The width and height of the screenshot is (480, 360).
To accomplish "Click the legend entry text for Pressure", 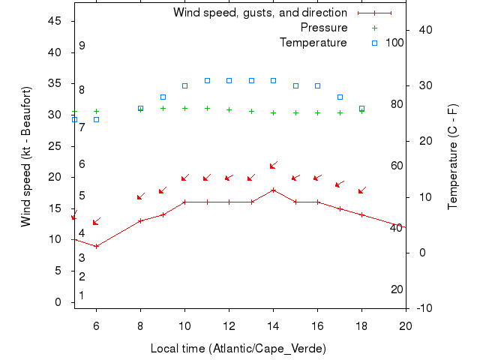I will (324, 28).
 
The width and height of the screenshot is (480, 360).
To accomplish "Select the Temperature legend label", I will (313, 43).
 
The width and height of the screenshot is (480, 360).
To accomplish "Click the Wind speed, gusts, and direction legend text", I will (260, 13).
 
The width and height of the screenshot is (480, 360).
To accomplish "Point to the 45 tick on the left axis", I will (55, 21).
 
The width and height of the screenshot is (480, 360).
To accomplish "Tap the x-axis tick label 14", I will (273, 325).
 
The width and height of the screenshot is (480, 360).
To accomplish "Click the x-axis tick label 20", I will (405, 325).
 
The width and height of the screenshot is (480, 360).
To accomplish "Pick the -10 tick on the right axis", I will (424, 308).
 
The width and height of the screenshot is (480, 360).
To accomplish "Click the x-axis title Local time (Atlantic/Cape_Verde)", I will (238, 348).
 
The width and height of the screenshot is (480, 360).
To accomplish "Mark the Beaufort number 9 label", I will (82, 46).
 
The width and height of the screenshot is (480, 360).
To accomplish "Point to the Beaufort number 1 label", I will (82, 295).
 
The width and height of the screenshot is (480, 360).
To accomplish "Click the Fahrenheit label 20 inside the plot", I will (397, 289).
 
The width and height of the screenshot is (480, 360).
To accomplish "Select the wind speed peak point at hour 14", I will (273, 190).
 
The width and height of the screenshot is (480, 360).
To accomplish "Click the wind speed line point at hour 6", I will (96, 246).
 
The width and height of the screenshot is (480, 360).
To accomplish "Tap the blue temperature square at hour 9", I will (163, 97).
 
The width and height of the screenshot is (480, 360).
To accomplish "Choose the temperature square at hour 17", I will (340, 97).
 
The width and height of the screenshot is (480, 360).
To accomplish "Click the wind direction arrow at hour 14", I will (274, 165).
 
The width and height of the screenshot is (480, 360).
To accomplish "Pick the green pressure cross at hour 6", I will (96, 111).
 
